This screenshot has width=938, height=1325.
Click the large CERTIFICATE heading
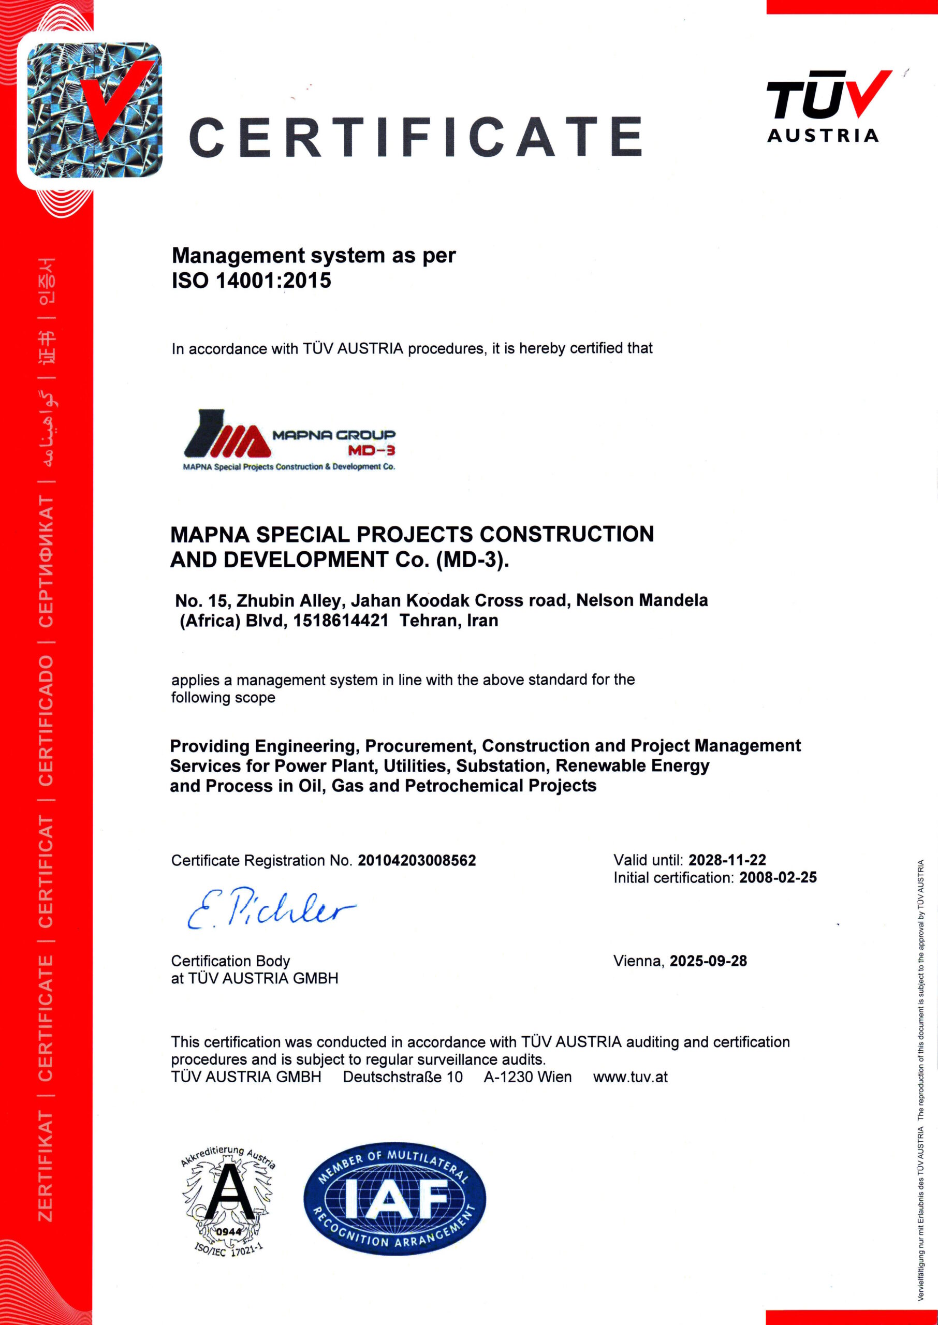(x=415, y=137)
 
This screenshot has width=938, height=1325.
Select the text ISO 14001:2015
(x=251, y=281)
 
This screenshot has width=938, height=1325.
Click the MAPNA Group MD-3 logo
(x=289, y=440)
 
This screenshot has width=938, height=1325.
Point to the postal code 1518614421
(x=340, y=621)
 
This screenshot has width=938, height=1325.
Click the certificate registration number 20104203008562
(x=416, y=860)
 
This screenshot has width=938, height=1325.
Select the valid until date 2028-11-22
(x=727, y=860)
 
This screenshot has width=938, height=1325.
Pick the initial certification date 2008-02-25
(x=778, y=878)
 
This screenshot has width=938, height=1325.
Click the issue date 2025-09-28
(x=708, y=961)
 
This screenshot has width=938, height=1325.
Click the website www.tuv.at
(x=630, y=1077)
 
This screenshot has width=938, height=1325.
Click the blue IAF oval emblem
(x=394, y=1199)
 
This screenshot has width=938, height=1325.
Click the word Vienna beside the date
(x=638, y=961)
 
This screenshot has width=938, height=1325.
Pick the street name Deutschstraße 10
(x=403, y=1077)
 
